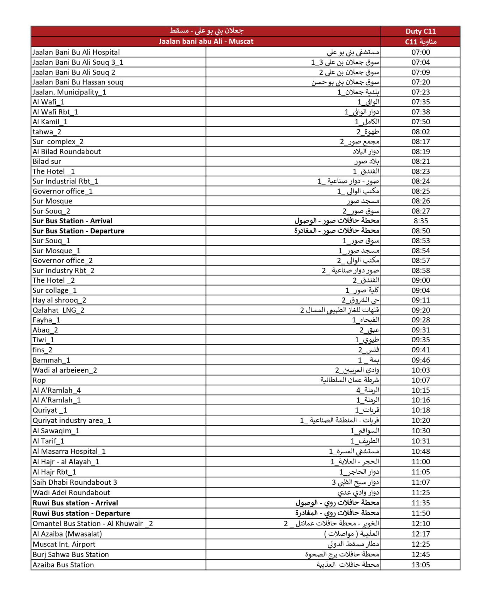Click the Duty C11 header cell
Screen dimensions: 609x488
coord(420,31)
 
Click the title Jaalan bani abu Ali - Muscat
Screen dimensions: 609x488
coord(206,41)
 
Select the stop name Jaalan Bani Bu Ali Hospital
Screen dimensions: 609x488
coord(76,52)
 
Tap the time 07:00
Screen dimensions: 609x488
coord(420,52)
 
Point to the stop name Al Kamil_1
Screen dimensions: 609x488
coord(50,122)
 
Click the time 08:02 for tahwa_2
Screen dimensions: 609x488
coord(420,132)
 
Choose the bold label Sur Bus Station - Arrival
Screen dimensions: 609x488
coord(72,221)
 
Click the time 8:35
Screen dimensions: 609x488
coord(420,221)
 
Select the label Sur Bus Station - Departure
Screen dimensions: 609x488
coord(78,231)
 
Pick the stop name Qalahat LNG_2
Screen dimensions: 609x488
coord(58,310)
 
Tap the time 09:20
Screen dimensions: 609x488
coord(420,310)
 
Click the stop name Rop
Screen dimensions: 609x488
coord(39,380)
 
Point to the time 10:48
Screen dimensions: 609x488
coord(420,451)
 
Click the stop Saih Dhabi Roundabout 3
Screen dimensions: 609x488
coord(75,482)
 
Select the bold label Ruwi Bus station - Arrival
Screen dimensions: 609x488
coord(75,503)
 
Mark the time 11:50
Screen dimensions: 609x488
coord(420,513)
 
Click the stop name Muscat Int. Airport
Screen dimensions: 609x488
coord(64,544)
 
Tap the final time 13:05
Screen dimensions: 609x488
coord(420,565)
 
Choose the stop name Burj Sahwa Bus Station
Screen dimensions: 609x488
coord(71,554)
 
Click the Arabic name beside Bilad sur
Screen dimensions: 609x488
coord(367,161)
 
